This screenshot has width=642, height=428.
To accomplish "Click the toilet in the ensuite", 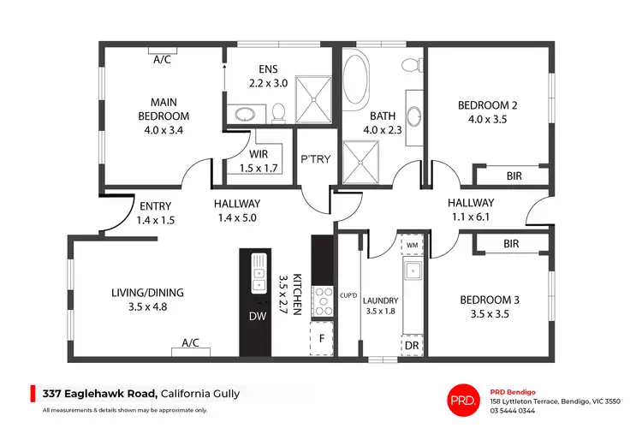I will (x=277, y=112).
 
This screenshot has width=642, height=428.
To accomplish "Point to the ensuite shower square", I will (x=316, y=96).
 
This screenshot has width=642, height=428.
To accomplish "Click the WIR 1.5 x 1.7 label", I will (x=258, y=161).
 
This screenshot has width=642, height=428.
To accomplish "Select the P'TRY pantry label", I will (x=311, y=159).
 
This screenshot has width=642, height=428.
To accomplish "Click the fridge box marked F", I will (x=322, y=337).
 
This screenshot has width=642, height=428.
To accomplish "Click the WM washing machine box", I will (x=412, y=246).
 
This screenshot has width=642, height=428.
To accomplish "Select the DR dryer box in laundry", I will (x=412, y=344).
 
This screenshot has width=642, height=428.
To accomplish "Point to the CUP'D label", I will (x=348, y=295).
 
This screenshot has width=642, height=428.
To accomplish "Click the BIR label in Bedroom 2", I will (x=514, y=175).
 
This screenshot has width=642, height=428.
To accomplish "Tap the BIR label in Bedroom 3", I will (x=512, y=244).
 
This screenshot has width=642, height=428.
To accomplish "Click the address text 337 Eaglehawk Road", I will (x=100, y=393).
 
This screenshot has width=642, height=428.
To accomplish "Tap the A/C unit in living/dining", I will (x=190, y=342).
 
